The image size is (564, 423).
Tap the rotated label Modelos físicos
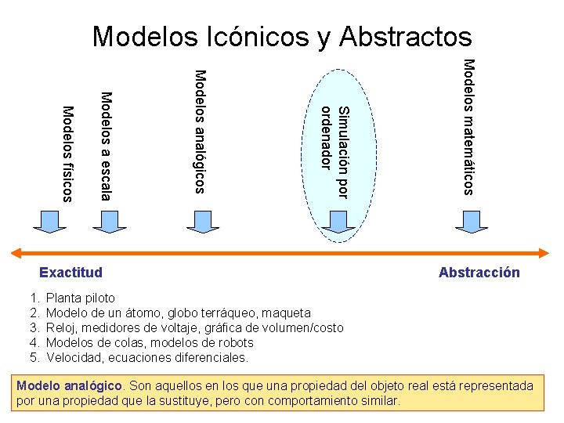pos(67,154)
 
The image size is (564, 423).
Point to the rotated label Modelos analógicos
pos(200,131)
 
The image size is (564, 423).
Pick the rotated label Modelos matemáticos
pos(468,126)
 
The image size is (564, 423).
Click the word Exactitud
pos(70,273)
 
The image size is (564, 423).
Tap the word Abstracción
pos(479,273)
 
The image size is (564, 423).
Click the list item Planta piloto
pos(81,298)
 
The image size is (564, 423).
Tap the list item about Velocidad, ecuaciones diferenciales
pos(147,358)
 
